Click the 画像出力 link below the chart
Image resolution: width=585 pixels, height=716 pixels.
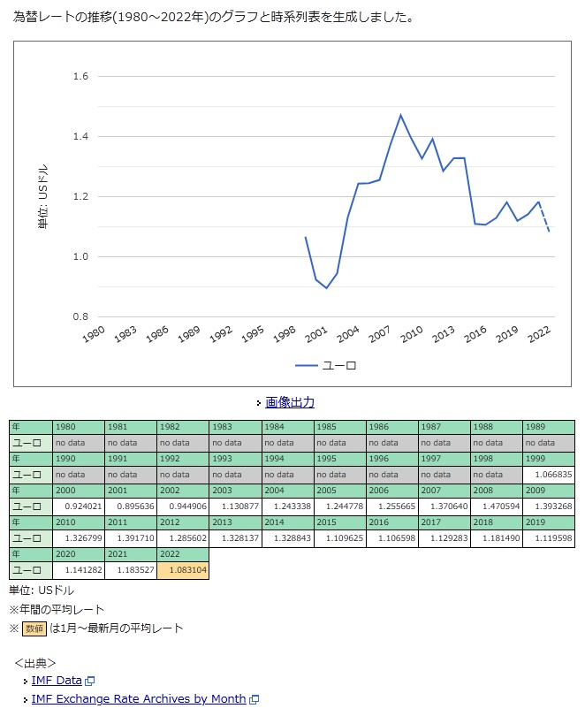pyautogui.click(x=289, y=402)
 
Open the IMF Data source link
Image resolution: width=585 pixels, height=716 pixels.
pyautogui.click(x=57, y=680)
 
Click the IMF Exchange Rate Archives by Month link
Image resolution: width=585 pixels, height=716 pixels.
pyautogui.click(x=139, y=698)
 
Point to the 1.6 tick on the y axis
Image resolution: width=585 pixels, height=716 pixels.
pyautogui.click(x=80, y=77)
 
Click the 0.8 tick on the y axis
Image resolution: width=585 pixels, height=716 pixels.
pyautogui.click(x=80, y=316)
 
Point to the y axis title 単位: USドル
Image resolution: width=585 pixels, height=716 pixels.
pyautogui.click(x=42, y=197)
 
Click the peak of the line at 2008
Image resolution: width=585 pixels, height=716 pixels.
pyautogui.click(x=400, y=115)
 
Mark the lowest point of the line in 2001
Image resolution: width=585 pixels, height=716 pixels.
pyautogui.click(x=326, y=288)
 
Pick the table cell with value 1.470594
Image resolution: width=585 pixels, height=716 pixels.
pyautogui.click(x=497, y=507)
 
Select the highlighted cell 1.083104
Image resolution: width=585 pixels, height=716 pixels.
pyautogui.click(x=183, y=570)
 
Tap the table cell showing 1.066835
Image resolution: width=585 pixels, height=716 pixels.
pyautogui.click(x=549, y=475)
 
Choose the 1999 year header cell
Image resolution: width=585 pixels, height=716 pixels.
pyautogui.click(x=549, y=459)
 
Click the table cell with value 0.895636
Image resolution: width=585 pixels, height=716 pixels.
pyautogui.click(x=131, y=507)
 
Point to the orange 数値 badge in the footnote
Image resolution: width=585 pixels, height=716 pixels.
pyautogui.click(x=34, y=628)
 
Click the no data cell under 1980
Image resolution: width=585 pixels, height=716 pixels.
pyautogui.click(x=79, y=443)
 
